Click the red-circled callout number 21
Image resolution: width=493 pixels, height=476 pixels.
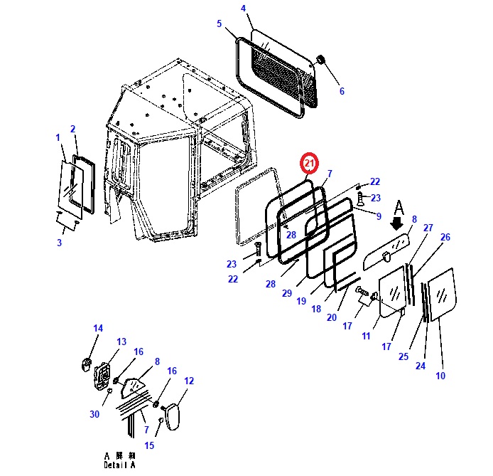tap(309, 164)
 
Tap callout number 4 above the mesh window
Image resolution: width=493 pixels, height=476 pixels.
tap(243, 9)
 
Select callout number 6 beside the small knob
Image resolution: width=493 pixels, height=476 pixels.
tap(341, 91)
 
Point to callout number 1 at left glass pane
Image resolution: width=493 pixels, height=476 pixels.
tap(58, 137)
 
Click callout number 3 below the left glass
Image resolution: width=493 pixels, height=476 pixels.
tap(59, 243)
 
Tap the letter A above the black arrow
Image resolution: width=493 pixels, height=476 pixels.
tap(399, 208)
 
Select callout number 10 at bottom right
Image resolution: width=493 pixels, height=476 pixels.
tap(440, 375)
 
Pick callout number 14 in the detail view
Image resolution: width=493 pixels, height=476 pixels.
tap(98, 328)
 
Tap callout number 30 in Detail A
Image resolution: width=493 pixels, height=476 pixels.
tap(95, 414)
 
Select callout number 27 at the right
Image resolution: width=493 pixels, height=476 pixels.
tap(428, 228)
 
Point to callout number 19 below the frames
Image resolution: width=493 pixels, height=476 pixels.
tap(301, 301)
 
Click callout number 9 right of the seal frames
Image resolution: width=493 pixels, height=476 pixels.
tap(379, 216)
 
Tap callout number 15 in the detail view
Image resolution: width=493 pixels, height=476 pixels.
tap(150, 445)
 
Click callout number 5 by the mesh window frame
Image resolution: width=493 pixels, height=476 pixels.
tap(219, 23)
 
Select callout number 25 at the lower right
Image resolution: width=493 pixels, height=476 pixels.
tap(404, 356)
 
